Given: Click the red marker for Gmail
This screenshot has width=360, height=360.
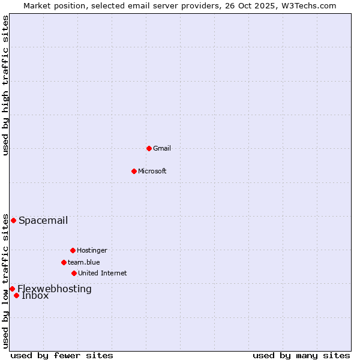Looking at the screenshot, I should [149, 148].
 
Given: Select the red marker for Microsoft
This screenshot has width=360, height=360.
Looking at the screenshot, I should [134, 171].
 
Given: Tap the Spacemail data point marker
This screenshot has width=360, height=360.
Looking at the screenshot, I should [13, 220].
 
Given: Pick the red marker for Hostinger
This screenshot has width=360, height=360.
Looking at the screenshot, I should [73, 250].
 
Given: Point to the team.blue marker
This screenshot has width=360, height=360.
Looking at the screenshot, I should [64, 262].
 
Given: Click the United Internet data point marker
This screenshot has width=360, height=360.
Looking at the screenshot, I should [74, 273].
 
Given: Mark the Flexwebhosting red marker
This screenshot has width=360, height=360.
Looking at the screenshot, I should [12, 289].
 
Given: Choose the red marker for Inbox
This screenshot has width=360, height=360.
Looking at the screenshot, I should [16, 295].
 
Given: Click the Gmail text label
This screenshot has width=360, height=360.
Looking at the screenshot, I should [162, 148].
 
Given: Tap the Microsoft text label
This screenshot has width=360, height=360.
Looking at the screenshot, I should [152, 171].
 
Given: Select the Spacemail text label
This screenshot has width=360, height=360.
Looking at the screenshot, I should [43, 220].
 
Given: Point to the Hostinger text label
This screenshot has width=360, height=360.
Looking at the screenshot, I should [92, 250].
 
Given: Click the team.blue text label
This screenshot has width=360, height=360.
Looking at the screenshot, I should [84, 262].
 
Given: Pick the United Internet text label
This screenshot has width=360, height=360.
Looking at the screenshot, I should [103, 273].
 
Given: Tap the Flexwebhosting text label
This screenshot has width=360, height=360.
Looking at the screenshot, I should [55, 289].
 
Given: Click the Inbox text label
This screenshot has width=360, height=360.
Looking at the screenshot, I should [35, 296].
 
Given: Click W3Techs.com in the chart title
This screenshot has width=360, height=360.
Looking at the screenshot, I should [309, 5].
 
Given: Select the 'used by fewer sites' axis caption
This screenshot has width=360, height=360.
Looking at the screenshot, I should [62, 355].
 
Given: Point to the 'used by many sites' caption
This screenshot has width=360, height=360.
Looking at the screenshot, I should [301, 355].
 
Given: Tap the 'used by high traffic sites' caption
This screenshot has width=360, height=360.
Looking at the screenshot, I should [5, 85].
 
